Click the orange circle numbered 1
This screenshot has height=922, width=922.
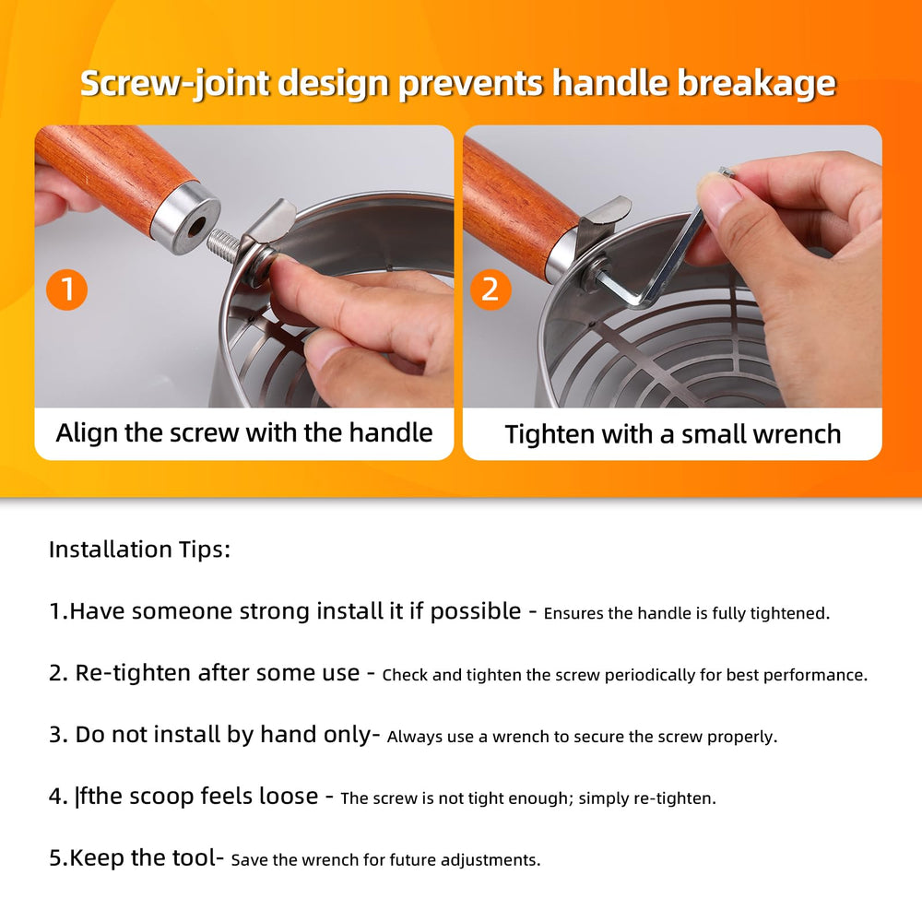pos(67,290)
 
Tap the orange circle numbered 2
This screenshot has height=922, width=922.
pos(491,290)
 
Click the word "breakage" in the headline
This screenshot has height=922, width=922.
pos(756,83)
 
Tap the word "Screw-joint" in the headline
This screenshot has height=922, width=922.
pos(174,83)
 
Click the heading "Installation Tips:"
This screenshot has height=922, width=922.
pos(139,550)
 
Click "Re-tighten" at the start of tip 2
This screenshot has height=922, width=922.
pos(129,673)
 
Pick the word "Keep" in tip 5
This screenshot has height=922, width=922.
pos(97,857)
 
